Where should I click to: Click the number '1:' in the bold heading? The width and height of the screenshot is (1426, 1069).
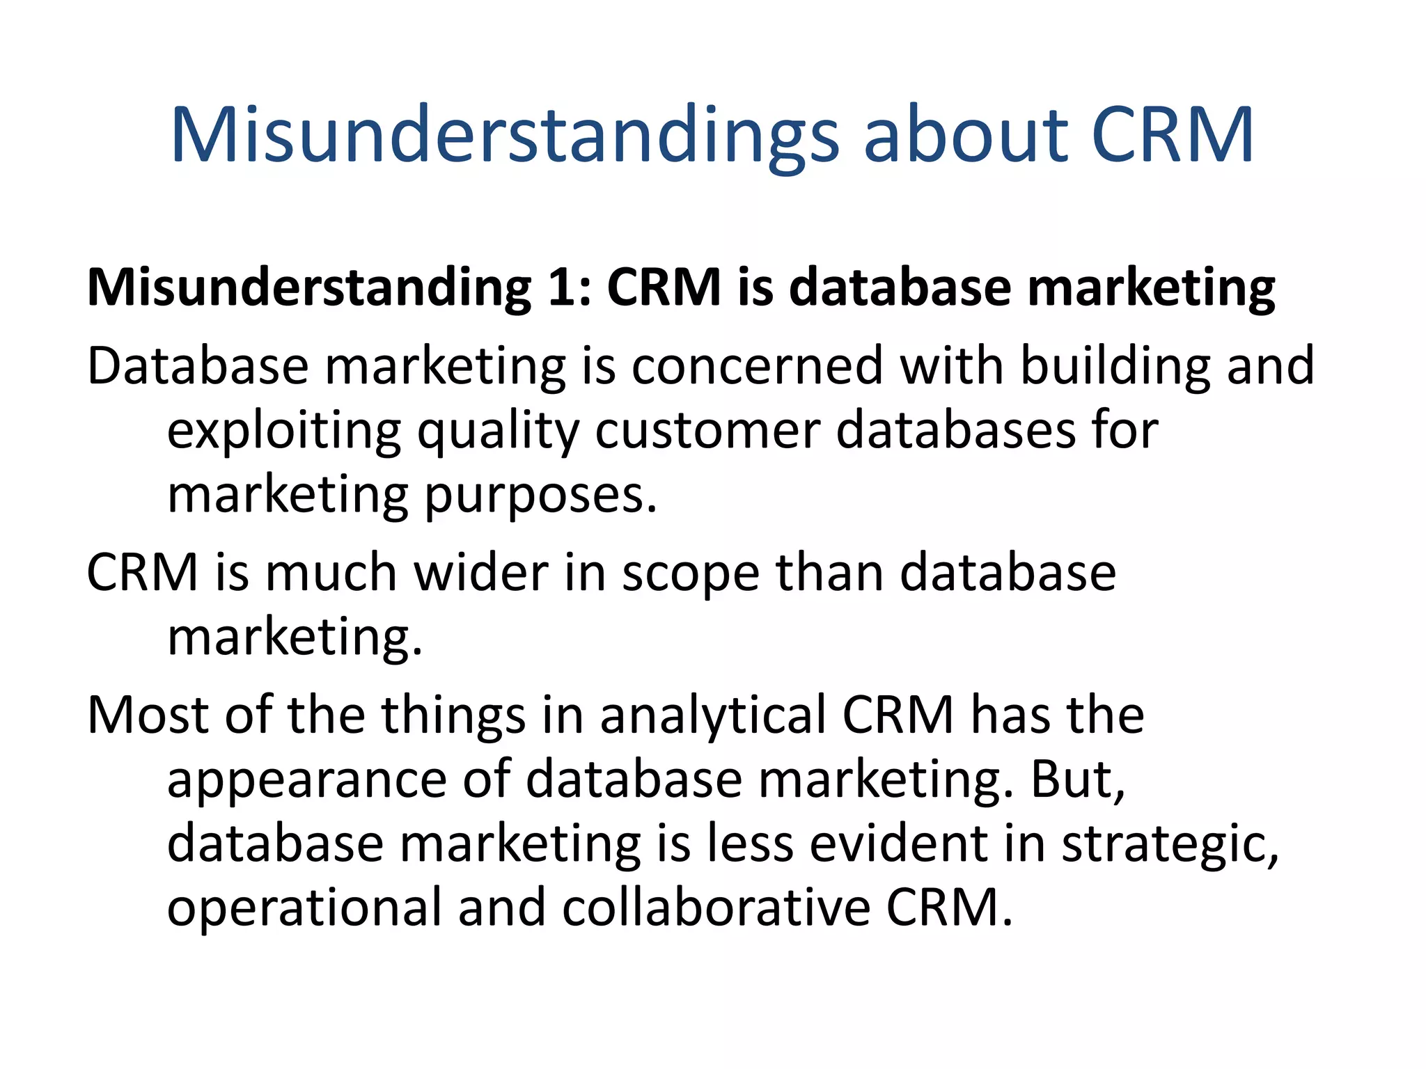click(x=570, y=287)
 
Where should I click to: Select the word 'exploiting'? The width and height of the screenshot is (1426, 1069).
click(x=284, y=431)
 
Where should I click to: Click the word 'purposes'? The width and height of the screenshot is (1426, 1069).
click(x=541, y=496)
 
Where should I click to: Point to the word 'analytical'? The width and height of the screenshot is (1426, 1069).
click(x=712, y=716)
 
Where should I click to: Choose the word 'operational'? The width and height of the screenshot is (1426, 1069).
click(x=304, y=908)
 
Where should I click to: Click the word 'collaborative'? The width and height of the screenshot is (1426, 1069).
click(x=716, y=908)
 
